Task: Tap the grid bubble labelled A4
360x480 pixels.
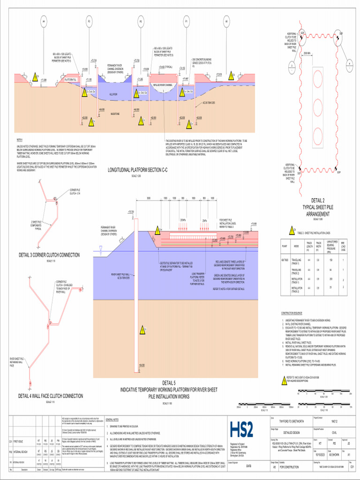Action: tap(44, 22)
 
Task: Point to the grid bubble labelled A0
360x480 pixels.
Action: tap(226, 22)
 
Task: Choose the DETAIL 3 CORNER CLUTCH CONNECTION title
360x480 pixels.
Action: tap(49, 255)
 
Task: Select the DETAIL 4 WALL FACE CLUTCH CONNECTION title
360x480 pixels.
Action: tap(51, 396)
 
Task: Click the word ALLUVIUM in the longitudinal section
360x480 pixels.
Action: tap(113, 94)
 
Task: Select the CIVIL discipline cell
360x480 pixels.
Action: tap(334, 433)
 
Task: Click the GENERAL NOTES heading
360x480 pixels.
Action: tap(115, 420)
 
